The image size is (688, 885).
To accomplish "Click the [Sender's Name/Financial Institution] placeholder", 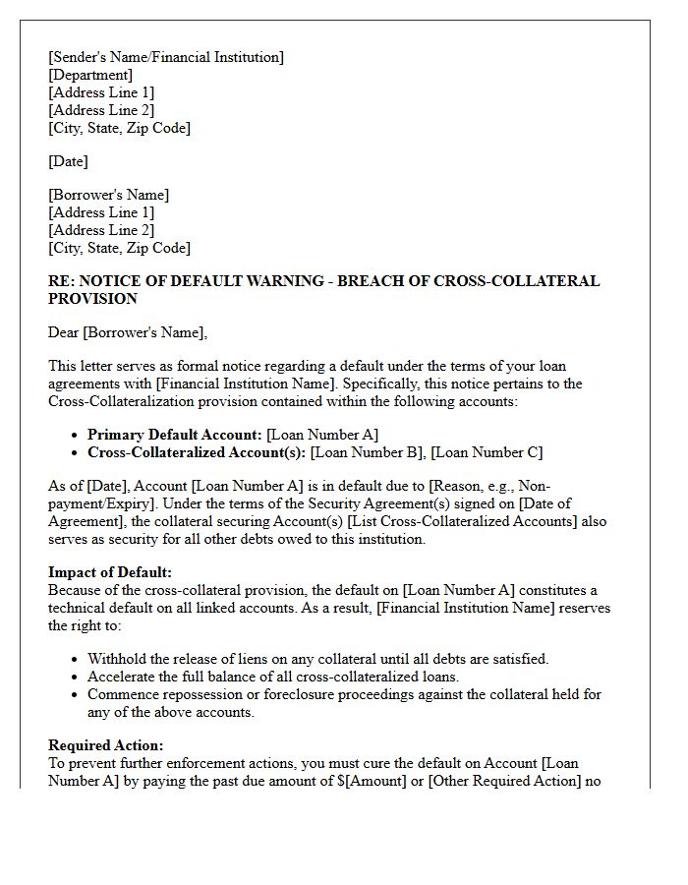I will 166,57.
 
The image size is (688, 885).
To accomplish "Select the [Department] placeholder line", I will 90,75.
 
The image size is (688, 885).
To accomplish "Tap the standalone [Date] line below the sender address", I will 68,161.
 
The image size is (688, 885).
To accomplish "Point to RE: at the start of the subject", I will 61,281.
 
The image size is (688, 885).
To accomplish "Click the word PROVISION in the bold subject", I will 92,298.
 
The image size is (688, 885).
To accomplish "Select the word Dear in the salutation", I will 64,332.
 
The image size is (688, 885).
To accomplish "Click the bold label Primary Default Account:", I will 175,435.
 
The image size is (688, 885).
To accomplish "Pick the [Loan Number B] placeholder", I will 369,452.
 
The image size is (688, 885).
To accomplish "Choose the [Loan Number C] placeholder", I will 487,452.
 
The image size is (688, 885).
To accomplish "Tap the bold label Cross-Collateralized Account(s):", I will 197,452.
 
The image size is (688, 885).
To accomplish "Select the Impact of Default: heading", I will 110,572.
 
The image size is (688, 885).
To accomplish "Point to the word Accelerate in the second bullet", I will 123,677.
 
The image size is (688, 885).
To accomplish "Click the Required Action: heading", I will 106,745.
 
